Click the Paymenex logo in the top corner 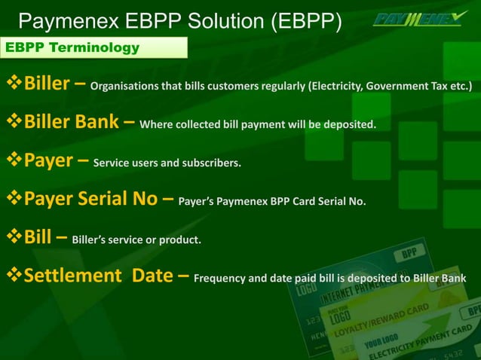click(x=419, y=18)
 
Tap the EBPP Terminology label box click(x=93, y=48)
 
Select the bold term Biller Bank click(x=71, y=122)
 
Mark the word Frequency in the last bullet click(x=221, y=278)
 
